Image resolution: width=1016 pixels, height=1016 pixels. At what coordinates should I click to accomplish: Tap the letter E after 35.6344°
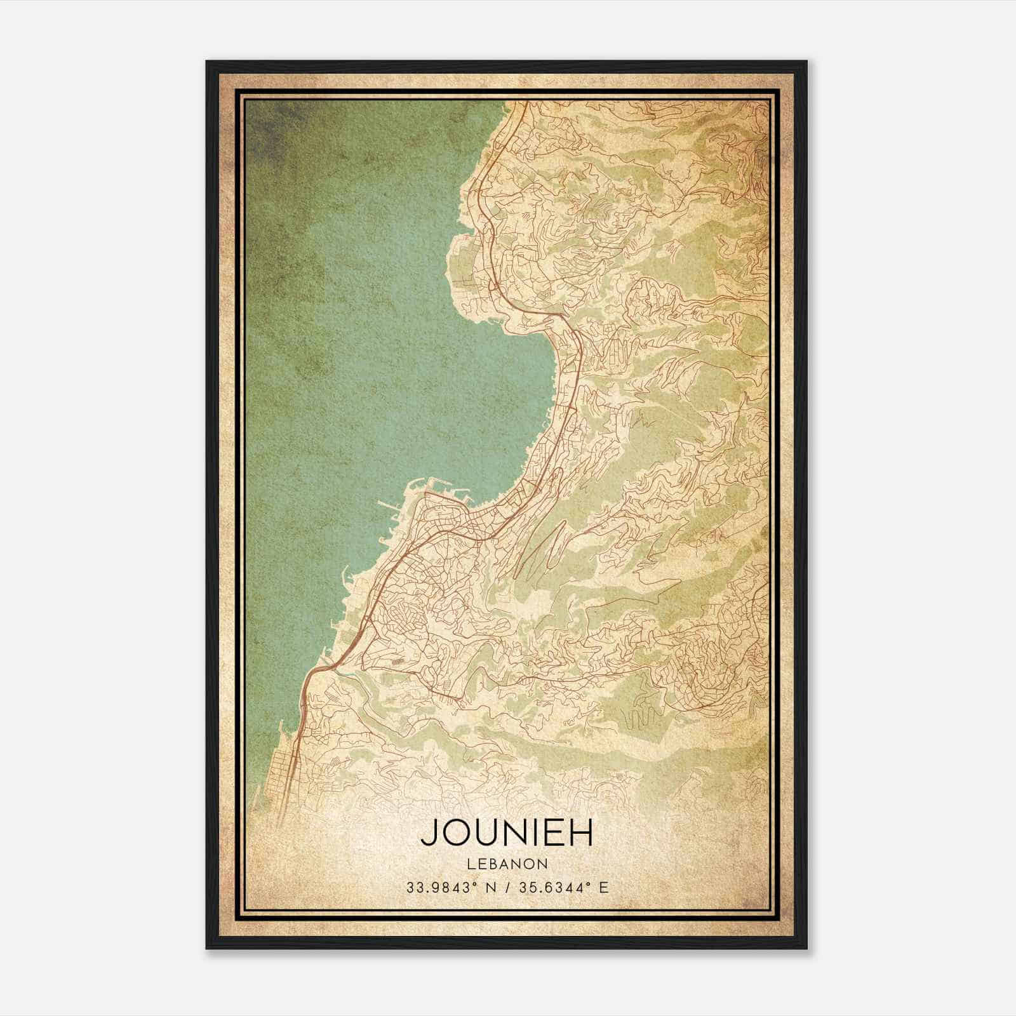tap(604, 887)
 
